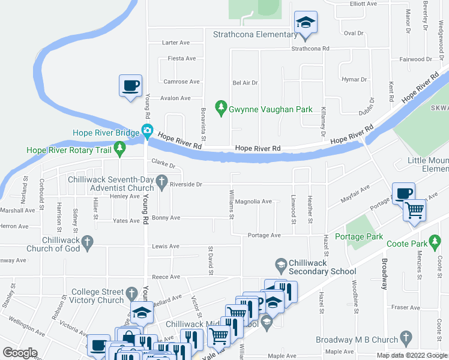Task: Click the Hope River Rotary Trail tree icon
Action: [x=120, y=147]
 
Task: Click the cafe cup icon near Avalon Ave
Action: [x=130, y=85]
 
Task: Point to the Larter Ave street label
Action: [x=176, y=43]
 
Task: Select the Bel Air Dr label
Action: [x=245, y=83]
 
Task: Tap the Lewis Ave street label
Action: [x=166, y=246]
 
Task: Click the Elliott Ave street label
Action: [x=363, y=3]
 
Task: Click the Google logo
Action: [x=20, y=352]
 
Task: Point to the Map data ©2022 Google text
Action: [x=411, y=355]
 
